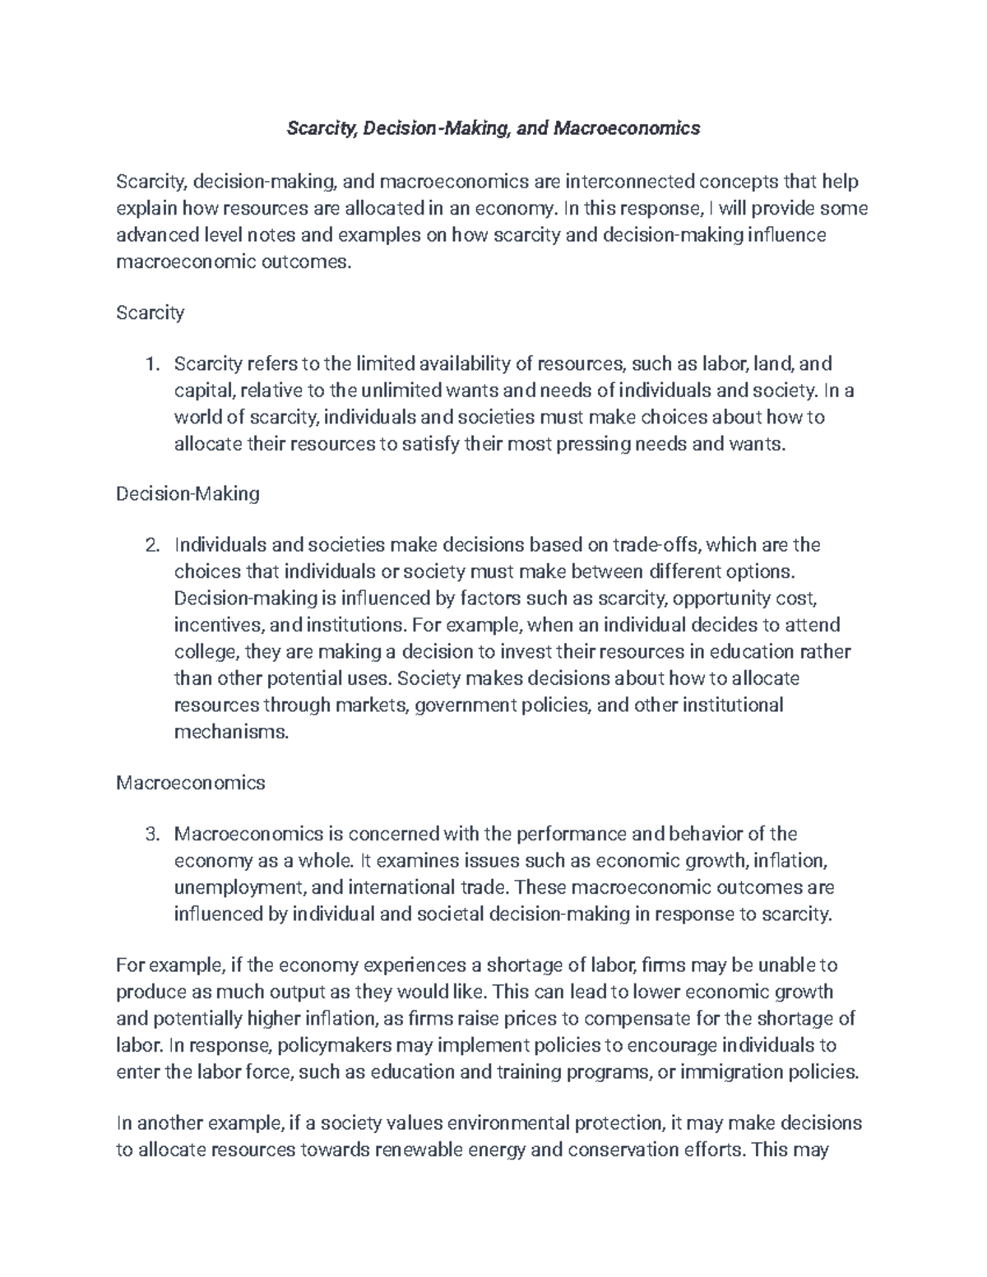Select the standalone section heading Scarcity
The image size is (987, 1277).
(x=150, y=312)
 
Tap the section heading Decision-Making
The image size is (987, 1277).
(x=188, y=493)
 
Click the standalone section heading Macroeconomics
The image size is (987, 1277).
(x=190, y=782)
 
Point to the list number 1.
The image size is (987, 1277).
(x=150, y=363)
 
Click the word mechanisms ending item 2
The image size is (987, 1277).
(x=231, y=732)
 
